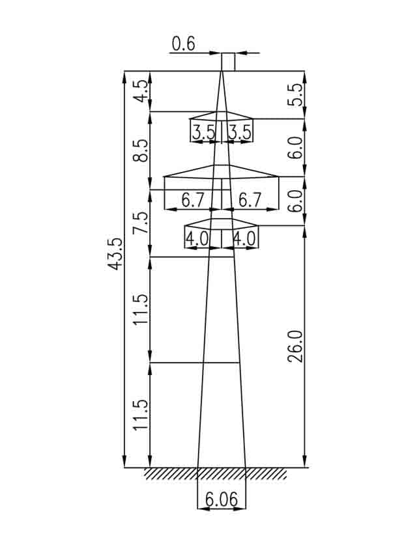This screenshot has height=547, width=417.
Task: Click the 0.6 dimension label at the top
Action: [184, 44]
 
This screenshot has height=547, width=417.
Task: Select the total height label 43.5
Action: [115, 254]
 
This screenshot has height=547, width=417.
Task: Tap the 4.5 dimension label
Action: [141, 91]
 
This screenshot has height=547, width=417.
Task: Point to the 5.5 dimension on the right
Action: [296, 95]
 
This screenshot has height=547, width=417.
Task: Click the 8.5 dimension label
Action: [141, 150]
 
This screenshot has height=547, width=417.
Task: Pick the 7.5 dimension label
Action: [141, 223]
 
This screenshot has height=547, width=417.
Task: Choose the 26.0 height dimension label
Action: [296, 346]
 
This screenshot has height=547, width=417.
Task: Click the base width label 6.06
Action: [222, 499]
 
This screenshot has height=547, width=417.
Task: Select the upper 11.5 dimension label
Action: [141, 309]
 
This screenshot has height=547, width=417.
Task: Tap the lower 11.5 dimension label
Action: [141, 415]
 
